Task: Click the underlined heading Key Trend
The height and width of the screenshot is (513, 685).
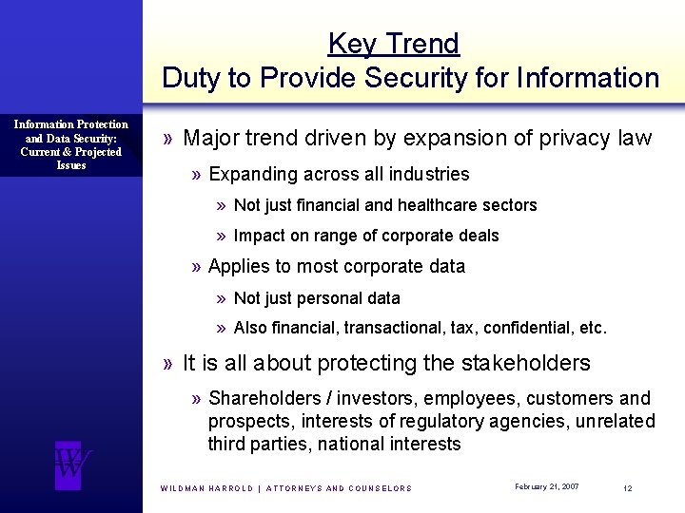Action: [393, 44]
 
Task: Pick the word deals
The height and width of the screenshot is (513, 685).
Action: [479, 236]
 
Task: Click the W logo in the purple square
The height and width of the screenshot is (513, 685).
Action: [72, 465]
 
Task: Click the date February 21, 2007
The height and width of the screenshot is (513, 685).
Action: [546, 486]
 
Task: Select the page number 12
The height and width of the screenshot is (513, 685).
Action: [628, 487]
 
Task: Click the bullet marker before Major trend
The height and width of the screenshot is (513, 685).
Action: [168, 139]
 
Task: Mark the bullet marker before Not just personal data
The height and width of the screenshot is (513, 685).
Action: [221, 298]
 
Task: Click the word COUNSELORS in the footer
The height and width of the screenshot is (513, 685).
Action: [382, 488]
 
